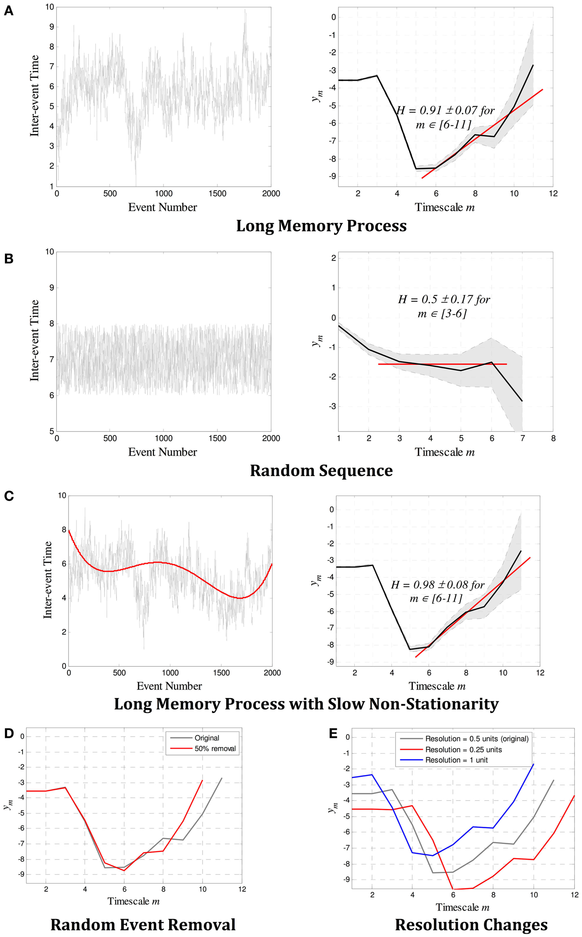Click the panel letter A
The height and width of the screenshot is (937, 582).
9,11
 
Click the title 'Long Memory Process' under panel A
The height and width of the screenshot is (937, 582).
321,226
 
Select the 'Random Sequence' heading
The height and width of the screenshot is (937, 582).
321,470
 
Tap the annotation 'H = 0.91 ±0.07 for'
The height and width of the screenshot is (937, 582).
445,111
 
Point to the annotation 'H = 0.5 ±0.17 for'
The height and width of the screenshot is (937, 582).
444,299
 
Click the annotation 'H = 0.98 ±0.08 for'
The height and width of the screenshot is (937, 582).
438,585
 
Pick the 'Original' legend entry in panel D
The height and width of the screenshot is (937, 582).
207,738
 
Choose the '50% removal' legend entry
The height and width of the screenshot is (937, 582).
215,749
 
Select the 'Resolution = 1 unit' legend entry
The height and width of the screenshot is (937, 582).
456,760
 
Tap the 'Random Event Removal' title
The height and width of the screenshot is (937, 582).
143,925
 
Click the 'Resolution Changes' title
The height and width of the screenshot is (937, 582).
471,925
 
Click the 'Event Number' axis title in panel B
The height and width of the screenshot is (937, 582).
162,452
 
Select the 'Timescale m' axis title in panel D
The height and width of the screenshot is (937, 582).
133,901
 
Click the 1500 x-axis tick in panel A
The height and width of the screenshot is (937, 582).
217,194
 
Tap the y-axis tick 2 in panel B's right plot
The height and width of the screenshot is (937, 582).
333,258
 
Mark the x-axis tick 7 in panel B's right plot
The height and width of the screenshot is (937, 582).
522,439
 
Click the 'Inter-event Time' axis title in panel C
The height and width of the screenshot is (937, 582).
48,580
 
